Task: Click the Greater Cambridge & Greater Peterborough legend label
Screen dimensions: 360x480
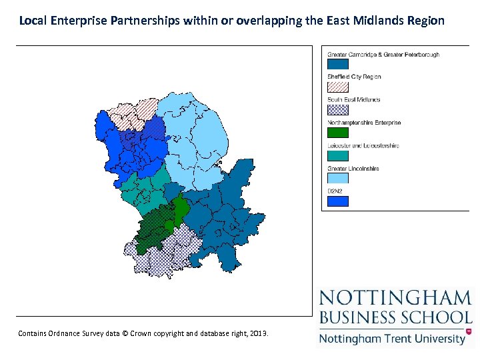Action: pos(383,55)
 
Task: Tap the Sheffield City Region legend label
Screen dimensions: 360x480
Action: pos(354,77)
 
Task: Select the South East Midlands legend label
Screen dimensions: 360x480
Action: pos(354,100)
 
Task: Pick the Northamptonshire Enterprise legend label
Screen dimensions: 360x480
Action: pos(364,123)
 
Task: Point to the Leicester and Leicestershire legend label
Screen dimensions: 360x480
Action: pos(363,145)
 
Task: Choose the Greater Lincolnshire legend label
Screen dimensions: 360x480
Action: pos(353,169)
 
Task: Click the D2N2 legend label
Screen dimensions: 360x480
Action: pos(334,191)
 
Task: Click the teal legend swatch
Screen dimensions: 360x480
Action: pos(338,155)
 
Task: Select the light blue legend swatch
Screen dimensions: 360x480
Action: pos(338,178)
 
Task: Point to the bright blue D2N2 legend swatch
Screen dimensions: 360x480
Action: pos(338,201)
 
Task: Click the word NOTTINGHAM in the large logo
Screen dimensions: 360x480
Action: pos(395,298)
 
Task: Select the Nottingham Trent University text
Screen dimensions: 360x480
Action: pos(392,338)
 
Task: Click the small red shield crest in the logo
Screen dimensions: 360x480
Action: pos(469,331)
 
